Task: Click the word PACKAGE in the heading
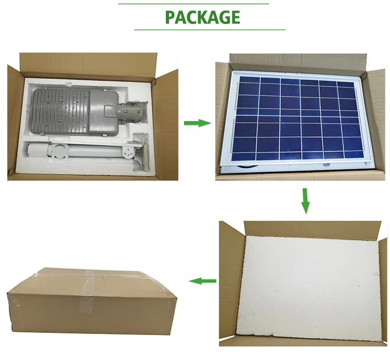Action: pyautogui.click(x=202, y=17)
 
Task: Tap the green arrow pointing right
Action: pyautogui.click(x=197, y=123)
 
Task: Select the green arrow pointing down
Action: pyautogui.click(x=305, y=201)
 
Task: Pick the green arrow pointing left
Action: pyautogui.click(x=202, y=281)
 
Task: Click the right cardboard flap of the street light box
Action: pyautogui.click(x=166, y=125)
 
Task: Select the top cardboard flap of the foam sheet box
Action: pyautogui.click(x=312, y=229)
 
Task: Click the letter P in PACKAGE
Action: pyautogui.click(x=171, y=17)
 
